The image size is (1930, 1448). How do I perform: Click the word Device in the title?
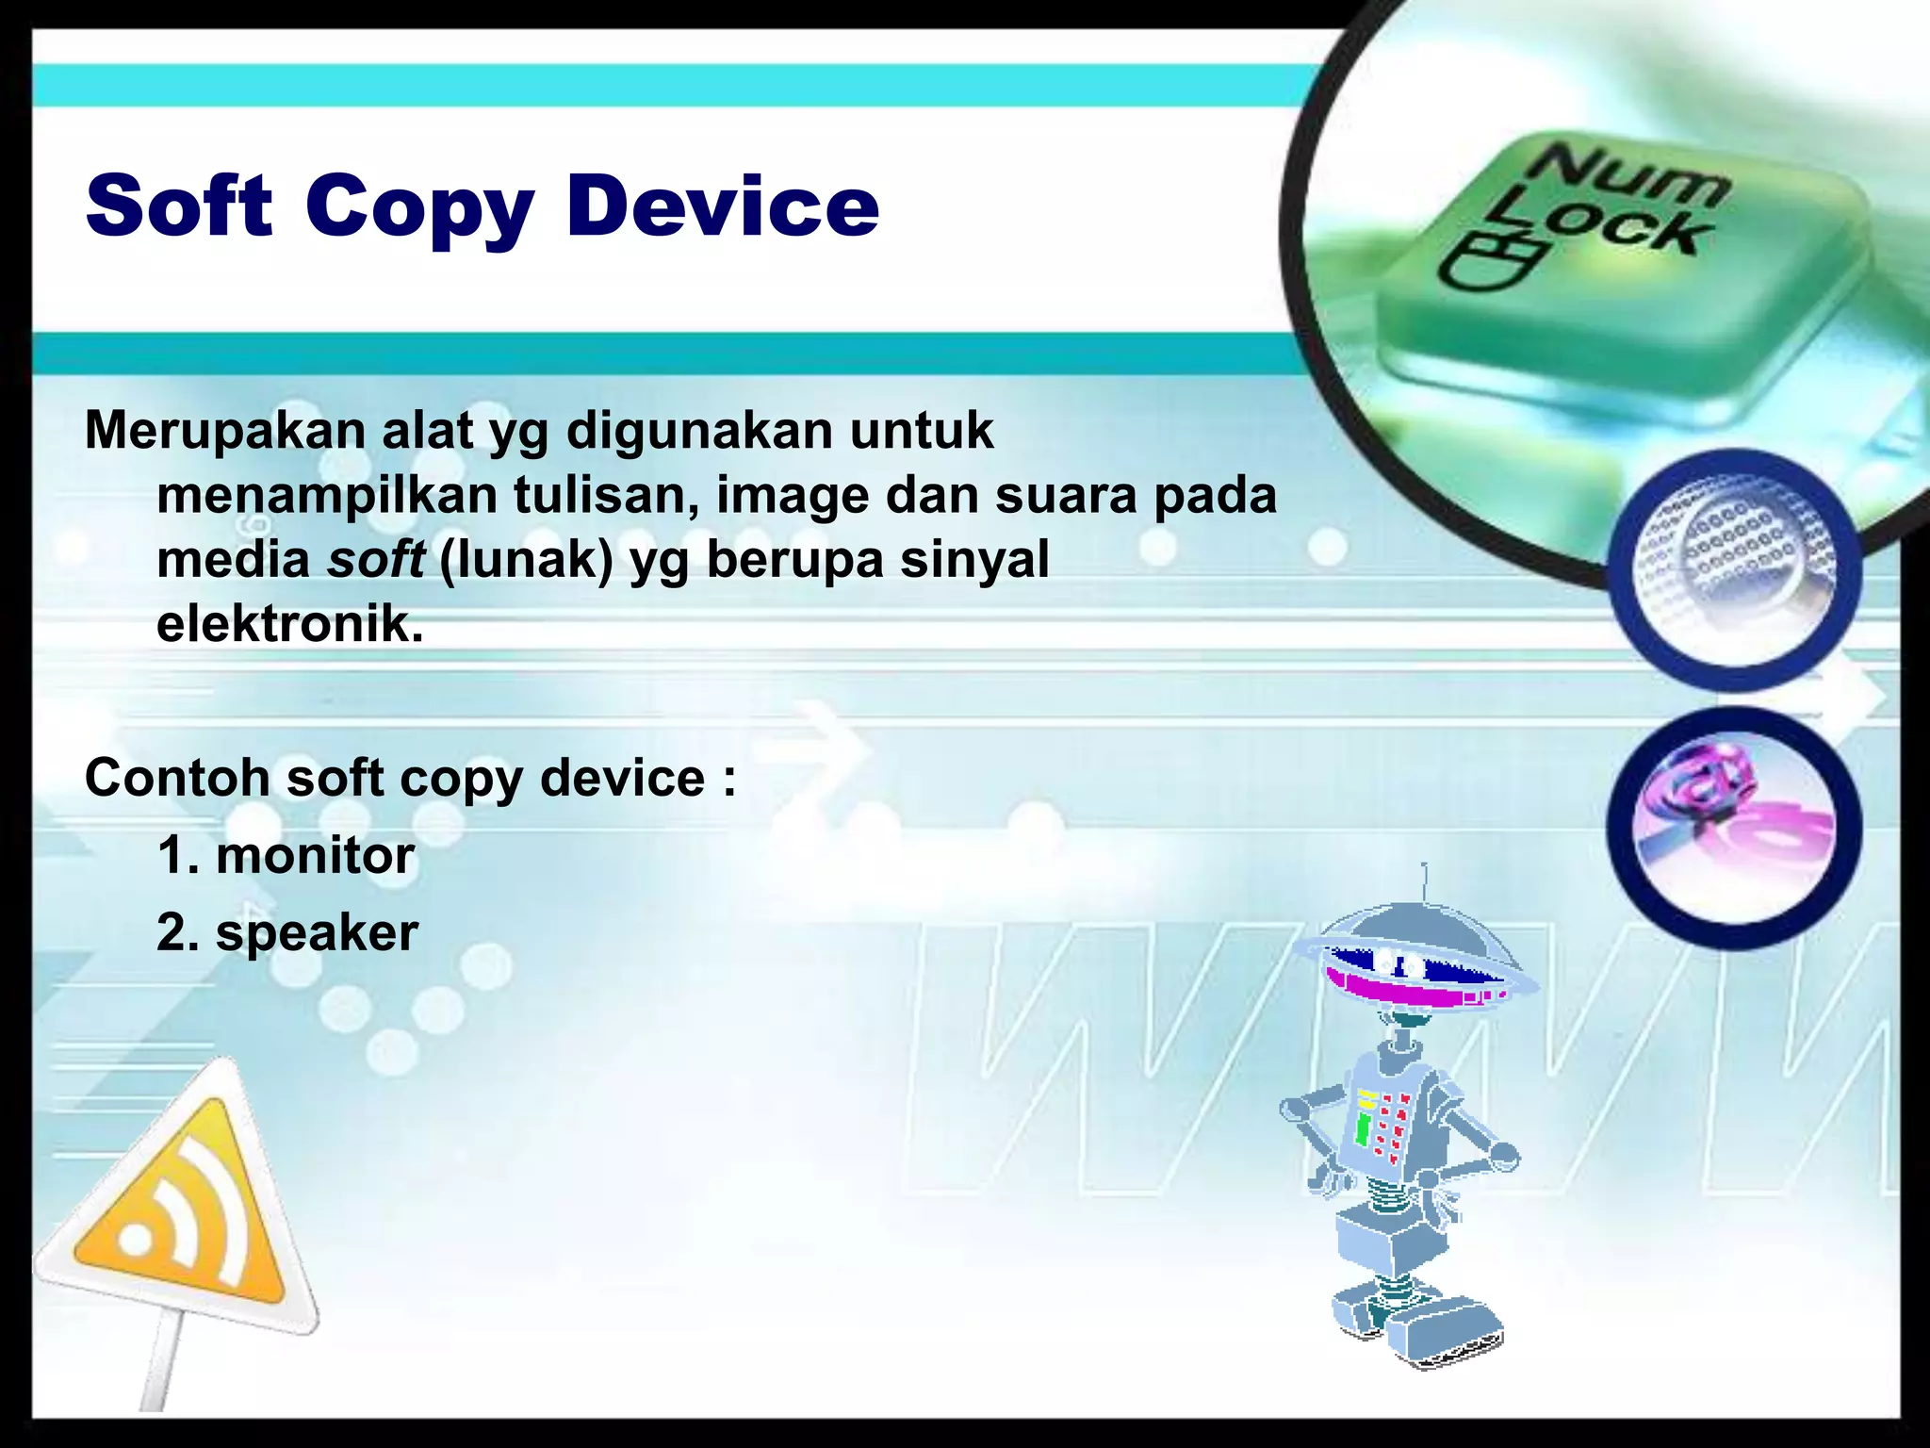coord(723,206)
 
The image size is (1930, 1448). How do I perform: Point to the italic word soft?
coord(376,559)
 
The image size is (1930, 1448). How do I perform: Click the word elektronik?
coord(290,623)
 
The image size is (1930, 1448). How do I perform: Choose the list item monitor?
coord(315,856)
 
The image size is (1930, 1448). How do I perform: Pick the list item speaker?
coord(317,933)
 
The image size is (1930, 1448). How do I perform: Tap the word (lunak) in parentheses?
coord(526,559)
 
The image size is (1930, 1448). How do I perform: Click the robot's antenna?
coord(1425,882)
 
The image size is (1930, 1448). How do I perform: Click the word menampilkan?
coord(327,496)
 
